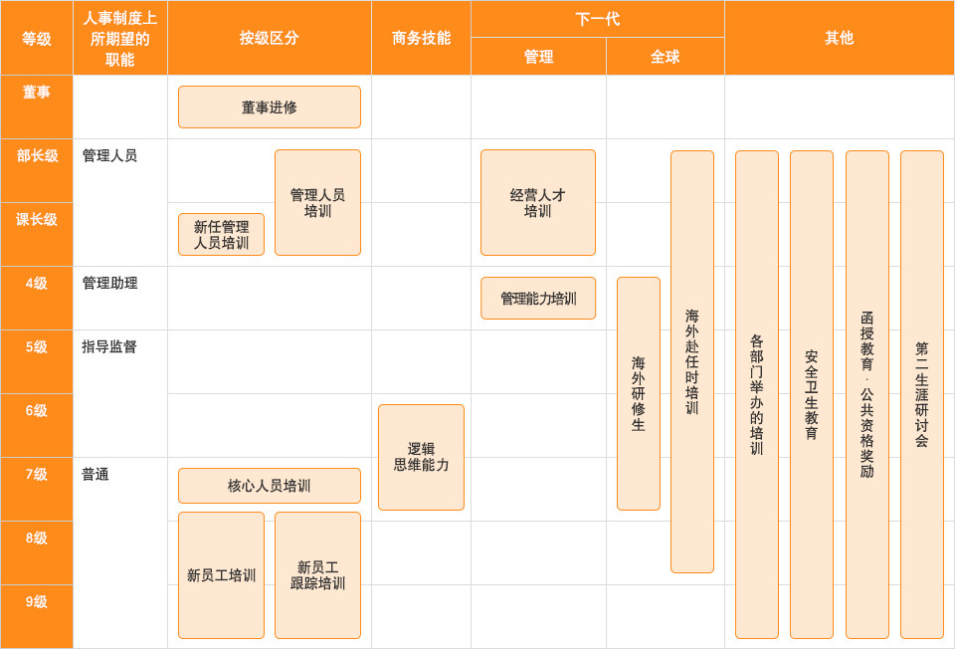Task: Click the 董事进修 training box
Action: point(270,108)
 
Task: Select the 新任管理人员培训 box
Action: point(221,235)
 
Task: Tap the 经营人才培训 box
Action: point(538,202)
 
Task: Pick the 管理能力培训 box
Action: point(538,298)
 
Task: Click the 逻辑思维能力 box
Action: point(421,457)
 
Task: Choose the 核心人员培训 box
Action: point(270,486)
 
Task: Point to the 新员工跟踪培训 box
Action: point(317,575)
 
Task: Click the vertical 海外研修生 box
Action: point(639,393)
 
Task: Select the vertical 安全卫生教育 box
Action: point(812,394)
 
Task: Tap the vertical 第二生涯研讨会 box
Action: point(922,394)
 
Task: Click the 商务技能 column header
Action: point(421,38)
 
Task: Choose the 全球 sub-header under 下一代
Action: point(666,57)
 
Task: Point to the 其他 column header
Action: point(840,38)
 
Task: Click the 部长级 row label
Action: point(37,156)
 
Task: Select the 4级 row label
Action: point(37,284)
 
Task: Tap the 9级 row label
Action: point(37,602)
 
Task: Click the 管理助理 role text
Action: point(109,284)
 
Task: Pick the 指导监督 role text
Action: point(109,346)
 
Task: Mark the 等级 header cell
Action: point(37,38)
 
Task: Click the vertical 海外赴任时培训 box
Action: point(692,361)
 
